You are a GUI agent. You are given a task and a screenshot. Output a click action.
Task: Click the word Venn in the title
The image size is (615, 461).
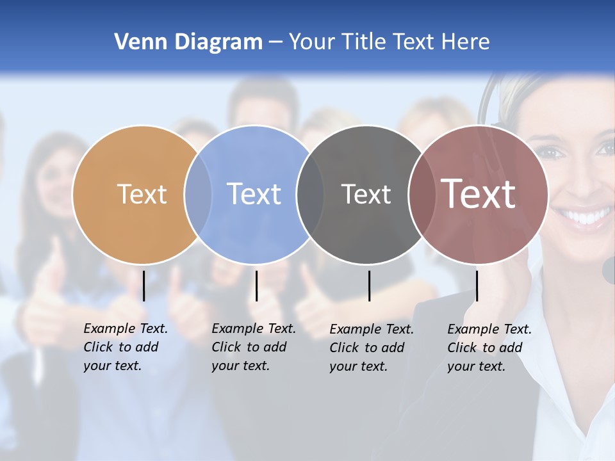(x=136, y=42)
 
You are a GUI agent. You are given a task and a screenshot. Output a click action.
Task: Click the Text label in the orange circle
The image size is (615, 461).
(x=142, y=194)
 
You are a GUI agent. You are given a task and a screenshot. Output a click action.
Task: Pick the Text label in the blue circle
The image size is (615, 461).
(x=254, y=194)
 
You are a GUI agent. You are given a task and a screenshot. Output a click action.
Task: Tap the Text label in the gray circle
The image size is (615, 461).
(x=366, y=194)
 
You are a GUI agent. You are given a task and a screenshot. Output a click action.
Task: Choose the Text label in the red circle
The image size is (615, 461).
(x=478, y=194)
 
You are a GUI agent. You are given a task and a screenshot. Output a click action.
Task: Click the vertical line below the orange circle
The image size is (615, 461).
(x=143, y=286)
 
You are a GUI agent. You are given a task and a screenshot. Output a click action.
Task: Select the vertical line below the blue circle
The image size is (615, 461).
(x=256, y=286)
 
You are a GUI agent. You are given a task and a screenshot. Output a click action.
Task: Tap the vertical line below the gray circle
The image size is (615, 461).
(x=369, y=286)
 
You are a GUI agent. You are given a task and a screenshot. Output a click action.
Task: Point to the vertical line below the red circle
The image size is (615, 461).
(x=477, y=286)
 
